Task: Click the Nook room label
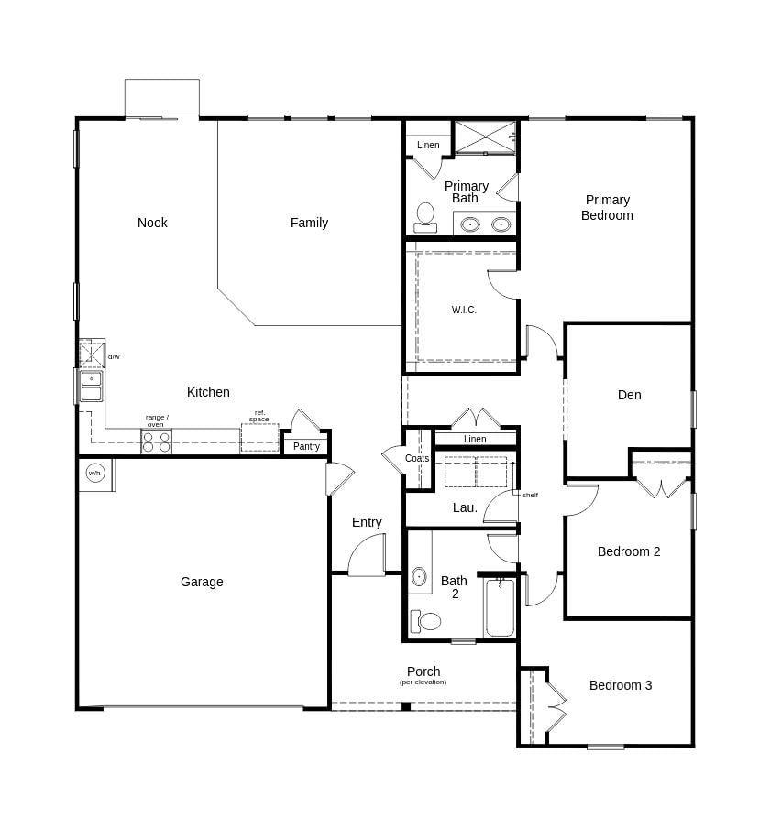point(152,223)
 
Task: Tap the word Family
point(309,224)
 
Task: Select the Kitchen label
point(208,392)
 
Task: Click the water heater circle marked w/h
point(94,473)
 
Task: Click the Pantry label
point(306,447)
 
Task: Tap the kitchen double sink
point(91,386)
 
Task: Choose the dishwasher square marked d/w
point(92,354)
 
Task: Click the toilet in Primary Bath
point(425,218)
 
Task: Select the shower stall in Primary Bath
point(485,137)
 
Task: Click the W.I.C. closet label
point(464,310)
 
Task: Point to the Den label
point(629,395)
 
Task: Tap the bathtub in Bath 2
point(500,607)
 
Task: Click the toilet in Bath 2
point(426,621)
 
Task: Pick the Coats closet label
point(417,458)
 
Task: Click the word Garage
point(202,582)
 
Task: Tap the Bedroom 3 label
point(621,685)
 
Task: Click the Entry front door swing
point(368,554)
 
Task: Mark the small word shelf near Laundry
point(530,496)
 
